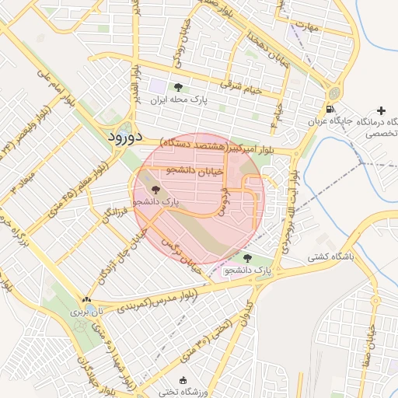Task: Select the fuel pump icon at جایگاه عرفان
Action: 331,109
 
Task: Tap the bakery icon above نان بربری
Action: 86,299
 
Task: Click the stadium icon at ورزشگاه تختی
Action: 183,380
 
